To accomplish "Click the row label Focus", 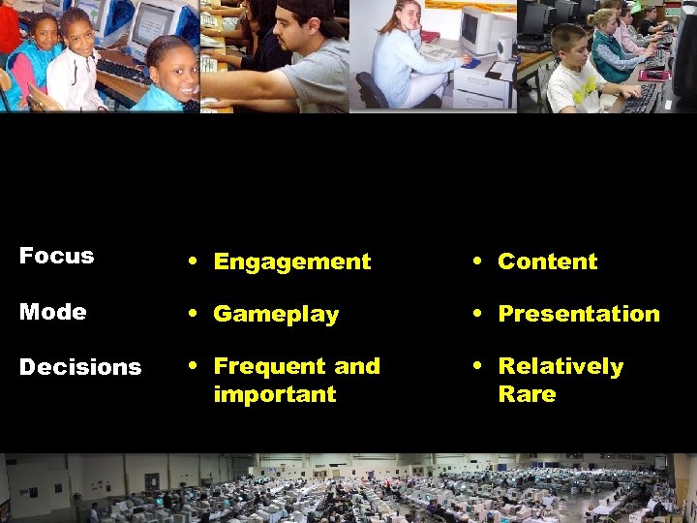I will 56,257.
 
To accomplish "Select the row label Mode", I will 52,312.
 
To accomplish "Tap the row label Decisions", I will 80,367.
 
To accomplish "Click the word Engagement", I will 291,261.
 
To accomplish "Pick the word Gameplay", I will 276,314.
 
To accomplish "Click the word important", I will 274,394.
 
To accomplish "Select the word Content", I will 547,261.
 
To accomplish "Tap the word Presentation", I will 578,314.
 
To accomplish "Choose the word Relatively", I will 561,366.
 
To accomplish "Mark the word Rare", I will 527,394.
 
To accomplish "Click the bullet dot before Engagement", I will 196,261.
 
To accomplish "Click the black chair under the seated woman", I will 373,92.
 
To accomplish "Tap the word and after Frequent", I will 356,366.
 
